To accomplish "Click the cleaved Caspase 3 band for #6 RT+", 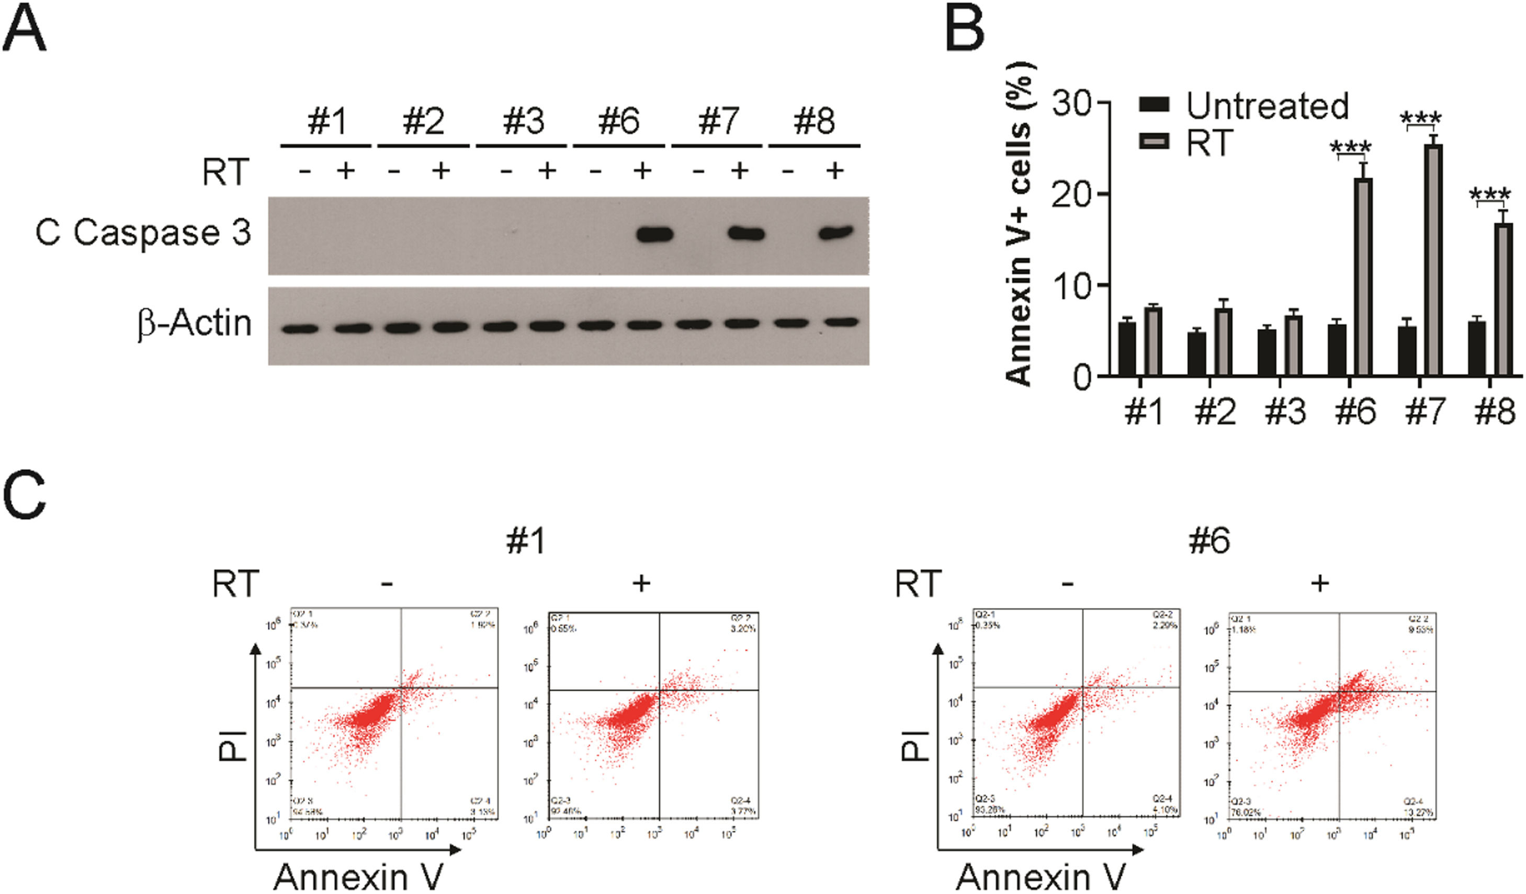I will pyautogui.click(x=654, y=234).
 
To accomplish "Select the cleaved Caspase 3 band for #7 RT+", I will pyautogui.click(x=746, y=234).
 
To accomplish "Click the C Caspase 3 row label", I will pyautogui.click(x=143, y=233).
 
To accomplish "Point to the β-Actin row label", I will pyautogui.click(x=194, y=324).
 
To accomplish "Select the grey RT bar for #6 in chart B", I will pyautogui.click(x=1363, y=277).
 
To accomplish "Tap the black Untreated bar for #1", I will pyautogui.click(x=1126, y=349).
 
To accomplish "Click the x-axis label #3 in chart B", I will pyautogui.click(x=1285, y=411).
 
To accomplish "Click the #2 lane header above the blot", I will pyautogui.click(x=423, y=121).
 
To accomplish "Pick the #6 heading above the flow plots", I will pyautogui.click(x=1210, y=541).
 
